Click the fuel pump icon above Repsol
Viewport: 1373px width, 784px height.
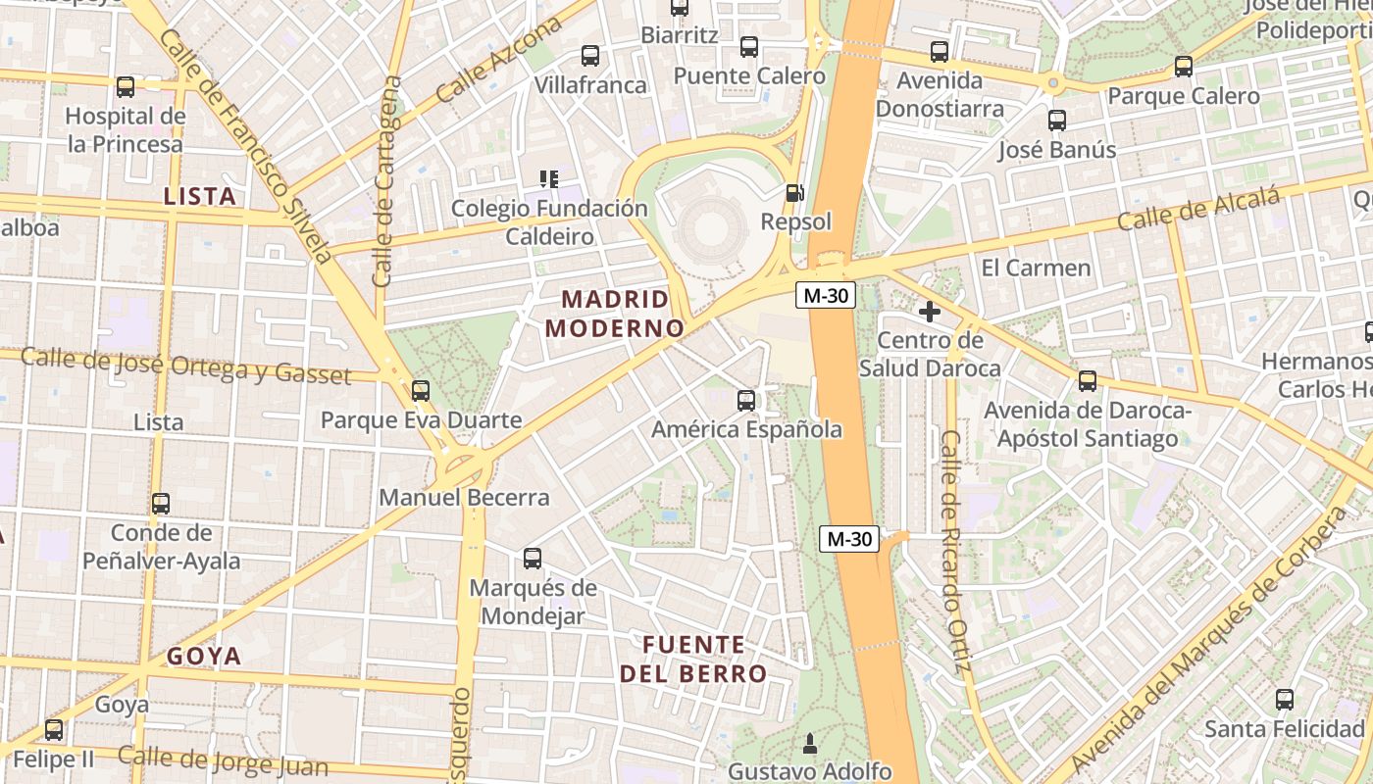[795, 193]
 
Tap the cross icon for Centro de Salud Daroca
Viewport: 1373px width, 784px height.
[929, 313]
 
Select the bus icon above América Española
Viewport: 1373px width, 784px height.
[746, 401]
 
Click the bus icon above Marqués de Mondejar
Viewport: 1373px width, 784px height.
[533, 559]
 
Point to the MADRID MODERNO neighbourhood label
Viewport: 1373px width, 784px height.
[615, 314]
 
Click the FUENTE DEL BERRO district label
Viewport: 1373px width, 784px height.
[693, 660]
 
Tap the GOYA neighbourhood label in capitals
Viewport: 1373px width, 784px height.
[204, 657]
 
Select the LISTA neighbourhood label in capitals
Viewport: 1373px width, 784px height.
[200, 196]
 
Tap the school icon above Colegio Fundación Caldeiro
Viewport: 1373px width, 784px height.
[549, 179]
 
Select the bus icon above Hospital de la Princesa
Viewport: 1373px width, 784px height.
[126, 87]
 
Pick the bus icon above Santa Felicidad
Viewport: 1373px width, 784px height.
[1285, 700]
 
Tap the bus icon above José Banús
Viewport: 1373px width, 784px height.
[1057, 121]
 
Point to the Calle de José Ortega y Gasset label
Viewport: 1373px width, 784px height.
[185, 366]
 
